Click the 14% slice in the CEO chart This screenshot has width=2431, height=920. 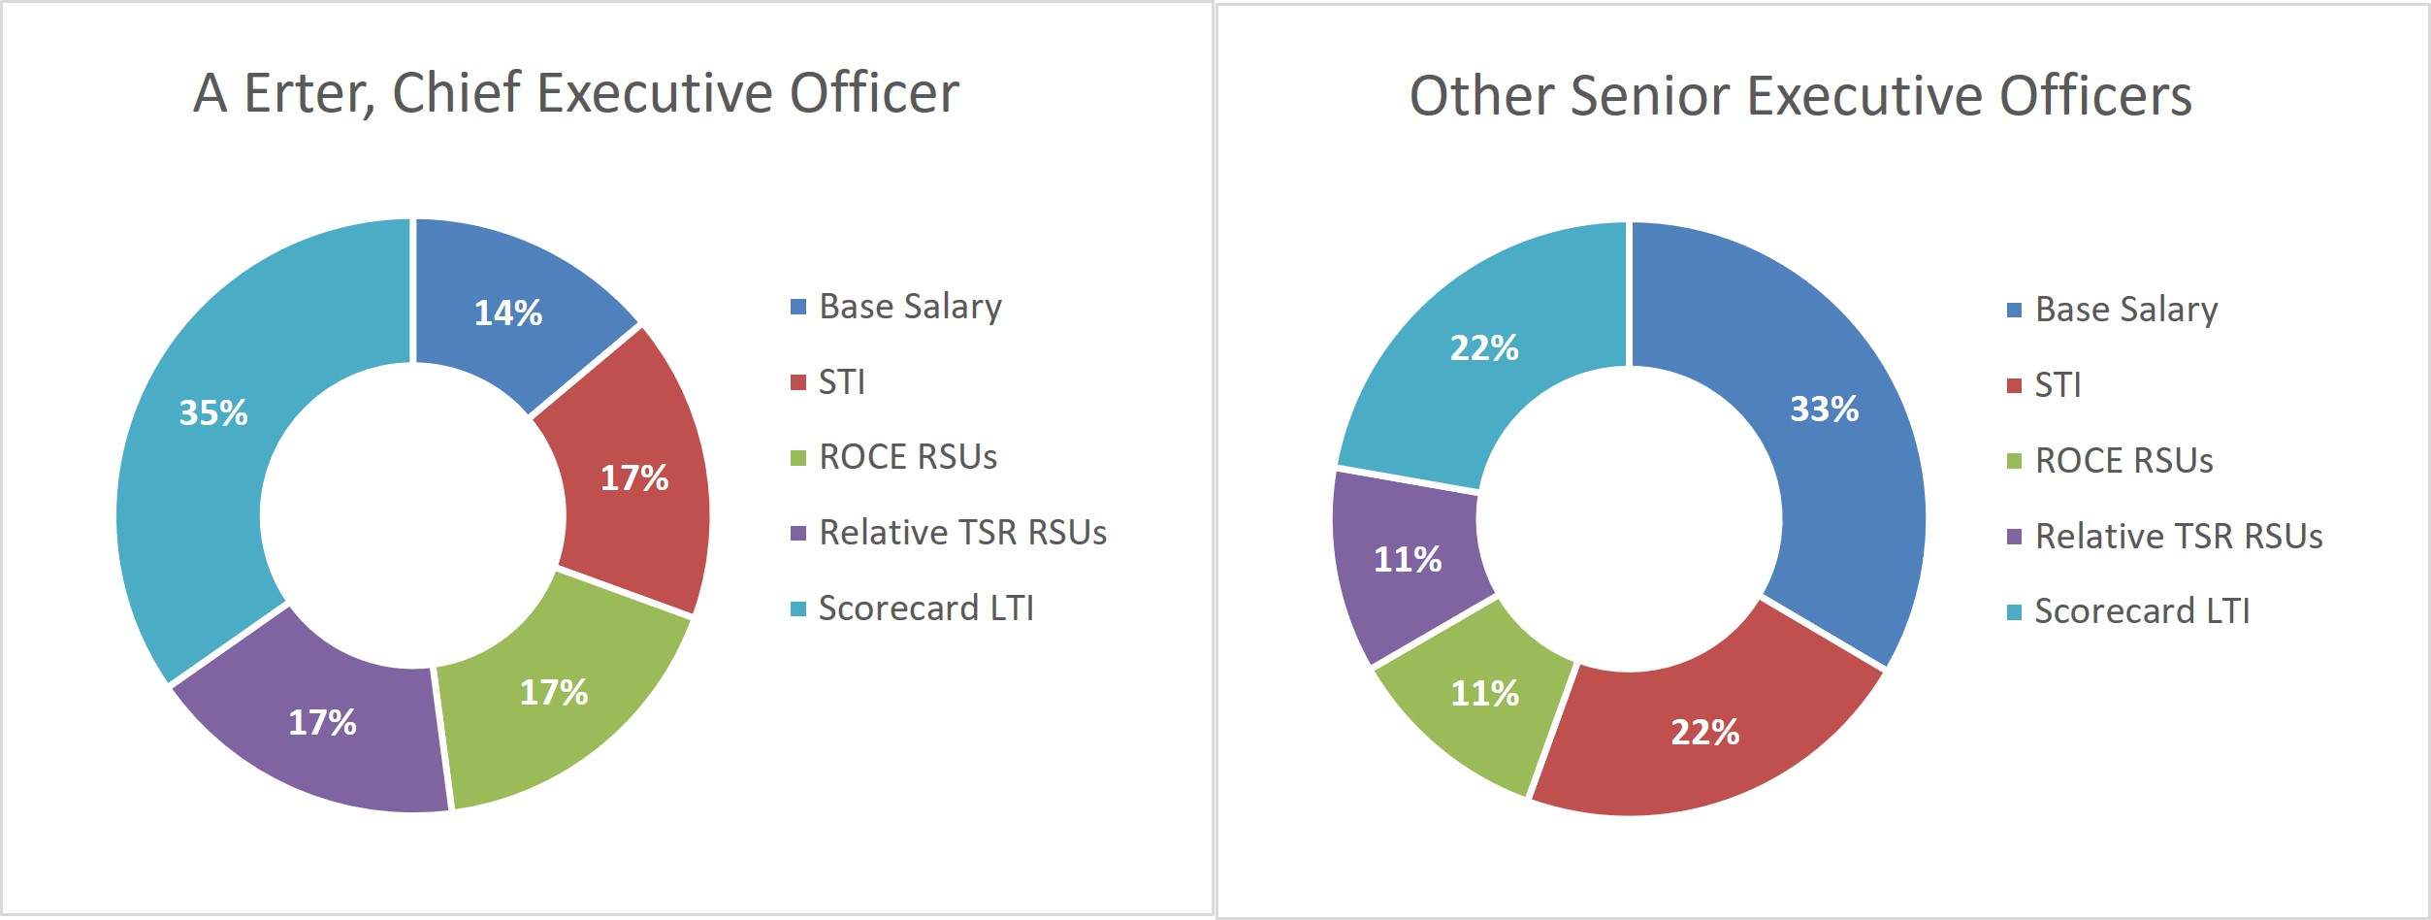pyautogui.click(x=507, y=312)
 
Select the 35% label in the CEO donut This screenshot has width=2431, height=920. pyautogui.click(x=213, y=412)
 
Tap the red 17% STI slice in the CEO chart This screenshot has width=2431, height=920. pyautogui.click(x=633, y=477)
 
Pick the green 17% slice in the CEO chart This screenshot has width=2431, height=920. pyautogui.click(x=554, y=692)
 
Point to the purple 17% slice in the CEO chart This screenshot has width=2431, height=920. pyautogui.click(x=322, y=722)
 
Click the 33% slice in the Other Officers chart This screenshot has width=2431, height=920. pyautogui.click(x=1824, y=409)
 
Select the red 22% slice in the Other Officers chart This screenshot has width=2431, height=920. pyautogui.click(x=1704, y=732)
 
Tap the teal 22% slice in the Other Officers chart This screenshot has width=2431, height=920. pyautogui.click(x=1483, y=347)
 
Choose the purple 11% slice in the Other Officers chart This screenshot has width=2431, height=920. pyautogui.click(x=1407, y=559)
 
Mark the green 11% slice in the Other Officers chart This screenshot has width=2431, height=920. pyautogui.click(x=1484, y=693)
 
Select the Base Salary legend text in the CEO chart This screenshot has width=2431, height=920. pyautogui.click(x=910, y=307)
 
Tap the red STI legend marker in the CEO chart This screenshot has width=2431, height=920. pyautogui.click(x=798, y=382)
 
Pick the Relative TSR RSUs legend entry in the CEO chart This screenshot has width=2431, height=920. pyautogui.click(x=962, y=533)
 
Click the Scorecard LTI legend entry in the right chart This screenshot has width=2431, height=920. pyautogui.click(x=2142, y=611)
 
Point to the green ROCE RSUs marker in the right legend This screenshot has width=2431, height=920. pyautogui.click(x=2014, y=461)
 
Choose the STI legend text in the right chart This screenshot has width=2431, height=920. pyautogui.click(x=2058, y=385)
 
